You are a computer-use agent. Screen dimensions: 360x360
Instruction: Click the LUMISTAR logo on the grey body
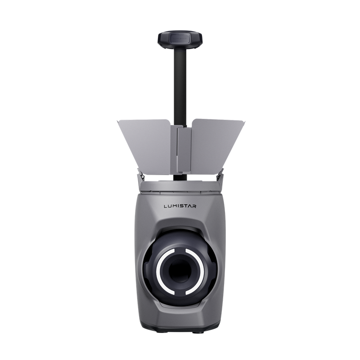click(180, 206)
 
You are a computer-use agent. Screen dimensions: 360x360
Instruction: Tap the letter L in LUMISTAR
click(166, 206)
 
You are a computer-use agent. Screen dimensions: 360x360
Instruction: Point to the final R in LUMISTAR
click(194, 206)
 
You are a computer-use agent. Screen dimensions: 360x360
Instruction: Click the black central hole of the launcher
click(180, 271)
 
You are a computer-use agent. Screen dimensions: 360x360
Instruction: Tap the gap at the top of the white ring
click(180, 249)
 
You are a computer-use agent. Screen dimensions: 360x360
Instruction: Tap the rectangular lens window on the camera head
click(180, 38)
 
